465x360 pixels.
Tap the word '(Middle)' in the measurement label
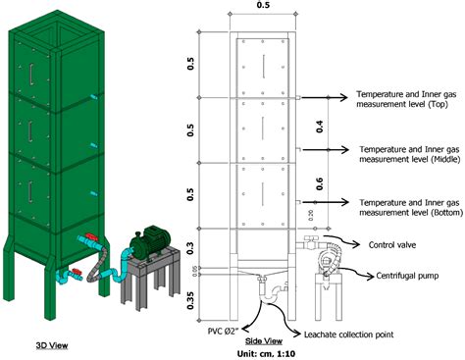pyautogui.click(x=427, y=159)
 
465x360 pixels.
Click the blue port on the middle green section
pyautogui.click(x=91, y=151)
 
